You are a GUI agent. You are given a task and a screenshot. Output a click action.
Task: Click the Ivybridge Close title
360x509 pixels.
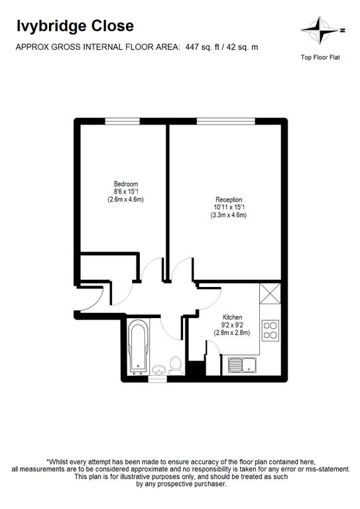[x=75, y=27]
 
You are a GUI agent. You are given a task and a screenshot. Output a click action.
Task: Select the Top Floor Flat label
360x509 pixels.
[x=320, y=58]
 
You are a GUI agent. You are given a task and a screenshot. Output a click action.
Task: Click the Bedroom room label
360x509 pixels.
[x=125, y=184]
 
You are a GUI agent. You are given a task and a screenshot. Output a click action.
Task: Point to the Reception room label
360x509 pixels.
[x=229, y=199]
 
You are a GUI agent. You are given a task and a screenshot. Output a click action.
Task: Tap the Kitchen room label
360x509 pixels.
[x=232, y=317]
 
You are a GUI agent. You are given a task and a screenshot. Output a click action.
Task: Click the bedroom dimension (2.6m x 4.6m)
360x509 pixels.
[x=125, y=199]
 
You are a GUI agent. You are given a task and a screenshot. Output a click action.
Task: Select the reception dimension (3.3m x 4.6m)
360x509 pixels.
[x=229, y=215]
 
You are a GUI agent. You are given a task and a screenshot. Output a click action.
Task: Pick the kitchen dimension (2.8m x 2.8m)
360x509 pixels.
[x=232, y=333]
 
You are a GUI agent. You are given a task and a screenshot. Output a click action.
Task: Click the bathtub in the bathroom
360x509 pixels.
[x=139, y=347]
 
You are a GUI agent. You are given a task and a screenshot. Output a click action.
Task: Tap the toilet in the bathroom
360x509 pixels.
[x=176, y=366]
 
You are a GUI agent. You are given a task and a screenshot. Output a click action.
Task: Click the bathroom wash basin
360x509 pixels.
[x=158, y=370]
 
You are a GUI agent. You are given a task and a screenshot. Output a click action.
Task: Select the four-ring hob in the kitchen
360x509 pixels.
[x=270, y=330]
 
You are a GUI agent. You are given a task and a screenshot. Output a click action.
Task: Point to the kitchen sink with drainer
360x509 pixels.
[x=242, y=365]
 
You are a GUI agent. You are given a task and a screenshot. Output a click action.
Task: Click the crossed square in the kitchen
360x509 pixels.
[x=270, y=294]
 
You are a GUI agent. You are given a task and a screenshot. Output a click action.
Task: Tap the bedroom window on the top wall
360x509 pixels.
[x=123, y=121]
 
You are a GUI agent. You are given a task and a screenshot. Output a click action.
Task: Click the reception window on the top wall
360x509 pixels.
[x=226, y=121]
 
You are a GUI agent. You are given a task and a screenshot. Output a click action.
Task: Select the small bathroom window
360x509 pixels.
[x=158, y=379]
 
